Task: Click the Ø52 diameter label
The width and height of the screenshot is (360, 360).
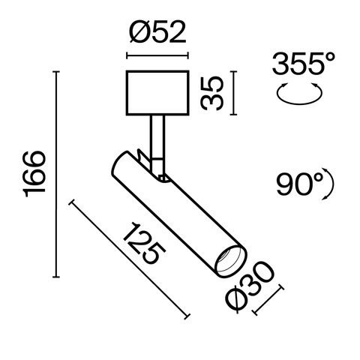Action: pyautogui.click(x=157, y=34)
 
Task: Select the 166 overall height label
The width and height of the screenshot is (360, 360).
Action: pyautogui.click(x=34, y=174)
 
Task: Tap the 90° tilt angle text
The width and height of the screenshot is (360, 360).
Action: pyautogui.click(x=298, y=184)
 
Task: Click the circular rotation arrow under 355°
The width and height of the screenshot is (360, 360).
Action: pyautogui.click(x=300, y=94)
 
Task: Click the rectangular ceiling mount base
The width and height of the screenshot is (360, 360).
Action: pyautogui.click(x=157, y=92)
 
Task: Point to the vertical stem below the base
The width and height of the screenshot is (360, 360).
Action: pyautogui.click(x=157, y=135)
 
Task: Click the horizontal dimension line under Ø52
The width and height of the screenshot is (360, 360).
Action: pyautogui.click(x=157, y=57)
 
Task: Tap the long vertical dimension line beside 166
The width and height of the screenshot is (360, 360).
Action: pyautogui.click(x=56, y=174)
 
